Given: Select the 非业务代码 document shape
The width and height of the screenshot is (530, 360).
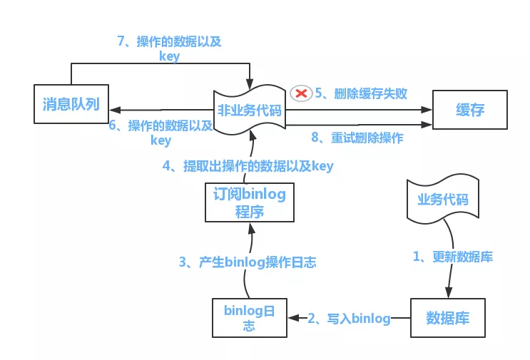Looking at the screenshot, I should click(249, 110).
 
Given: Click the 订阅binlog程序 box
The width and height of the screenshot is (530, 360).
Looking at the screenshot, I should click(249, 202).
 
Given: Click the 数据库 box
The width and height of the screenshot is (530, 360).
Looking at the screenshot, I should click(447, 317).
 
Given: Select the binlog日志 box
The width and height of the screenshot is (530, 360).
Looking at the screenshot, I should click(249, 318).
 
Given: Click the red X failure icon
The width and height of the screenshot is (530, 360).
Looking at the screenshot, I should click(300, 93).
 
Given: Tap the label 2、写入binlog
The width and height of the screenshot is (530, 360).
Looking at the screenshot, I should click(349, 319).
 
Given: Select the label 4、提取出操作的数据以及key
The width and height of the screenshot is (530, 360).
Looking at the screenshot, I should click(248, 166).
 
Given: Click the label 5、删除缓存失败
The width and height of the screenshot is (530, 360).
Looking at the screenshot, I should click(361, 93).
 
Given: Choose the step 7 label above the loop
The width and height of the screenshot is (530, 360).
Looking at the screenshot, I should click(169, 48).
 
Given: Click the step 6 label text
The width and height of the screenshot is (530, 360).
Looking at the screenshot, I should click(160, 133).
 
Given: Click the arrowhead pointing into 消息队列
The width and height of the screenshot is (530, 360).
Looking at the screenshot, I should click(114, 110).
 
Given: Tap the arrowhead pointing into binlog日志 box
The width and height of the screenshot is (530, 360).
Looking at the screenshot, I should click(294, 318).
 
